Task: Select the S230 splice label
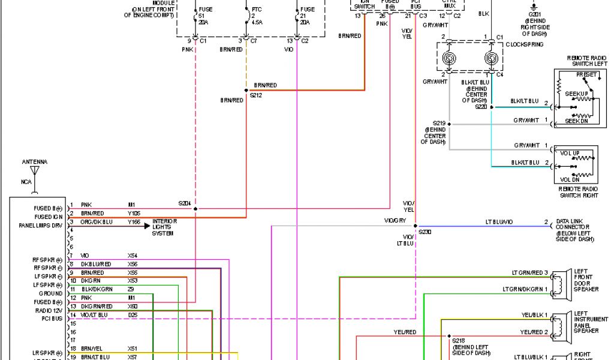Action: (x=425, y=231)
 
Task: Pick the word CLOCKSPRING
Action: (x=525, y=45)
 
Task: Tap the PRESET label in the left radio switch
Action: (x=586, y=74)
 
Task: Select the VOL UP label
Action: (x=570, y=153)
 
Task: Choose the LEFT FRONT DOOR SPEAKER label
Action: (x=586, y=280)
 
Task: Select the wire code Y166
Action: (x=133, y=222)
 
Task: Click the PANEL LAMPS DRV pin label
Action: (x=40, y=226)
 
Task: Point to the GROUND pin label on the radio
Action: (x=50, y=293)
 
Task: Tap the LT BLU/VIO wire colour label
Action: (x=499, y=222)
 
